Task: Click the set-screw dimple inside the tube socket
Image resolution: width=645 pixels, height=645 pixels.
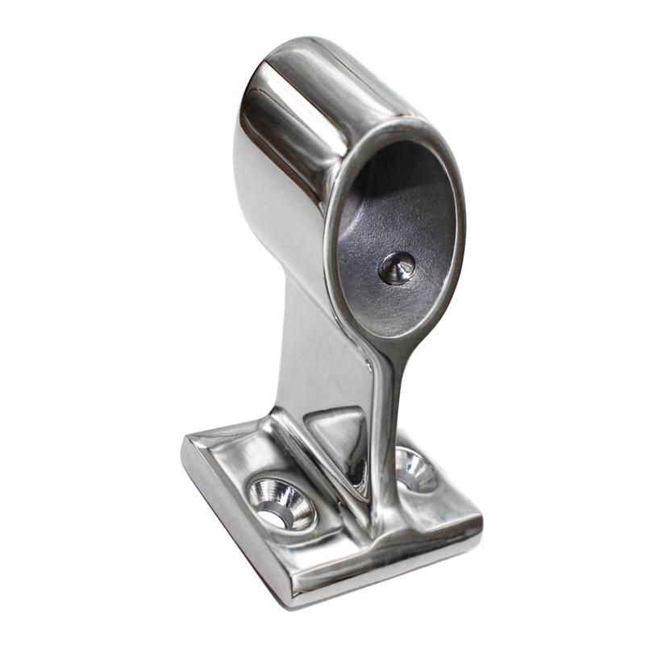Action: [397, 267]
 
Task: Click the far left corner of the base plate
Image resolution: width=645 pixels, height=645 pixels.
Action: [187, 442]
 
